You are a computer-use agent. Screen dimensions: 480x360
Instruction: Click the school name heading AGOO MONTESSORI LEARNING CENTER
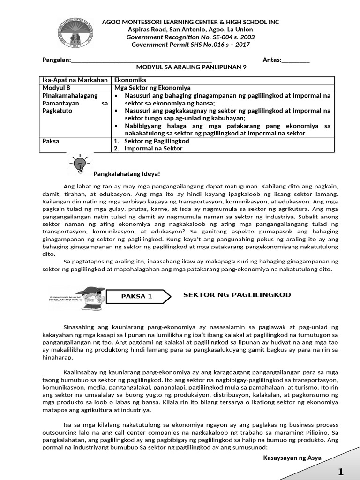[190, 22]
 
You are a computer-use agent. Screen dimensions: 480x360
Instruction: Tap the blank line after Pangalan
[141, 60]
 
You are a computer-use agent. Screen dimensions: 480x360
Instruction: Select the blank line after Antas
[295, 60]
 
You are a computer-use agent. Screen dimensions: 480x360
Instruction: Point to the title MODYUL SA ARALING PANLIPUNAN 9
[191, 67]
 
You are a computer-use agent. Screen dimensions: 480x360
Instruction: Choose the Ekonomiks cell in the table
[131, 80]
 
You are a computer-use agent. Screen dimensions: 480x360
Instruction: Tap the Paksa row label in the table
[51, 141]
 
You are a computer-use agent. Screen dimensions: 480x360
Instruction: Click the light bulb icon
[80, 163]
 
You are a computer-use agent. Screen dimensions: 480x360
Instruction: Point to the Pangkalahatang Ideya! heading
[127, 174]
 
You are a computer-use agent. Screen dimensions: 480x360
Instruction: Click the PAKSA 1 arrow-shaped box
[138, 296]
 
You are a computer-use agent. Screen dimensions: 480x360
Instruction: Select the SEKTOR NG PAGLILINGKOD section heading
[237, 295]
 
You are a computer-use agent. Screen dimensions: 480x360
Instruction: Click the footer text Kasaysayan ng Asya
[292, 457]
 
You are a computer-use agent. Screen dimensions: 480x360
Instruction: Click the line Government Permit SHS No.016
[190, 45]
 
